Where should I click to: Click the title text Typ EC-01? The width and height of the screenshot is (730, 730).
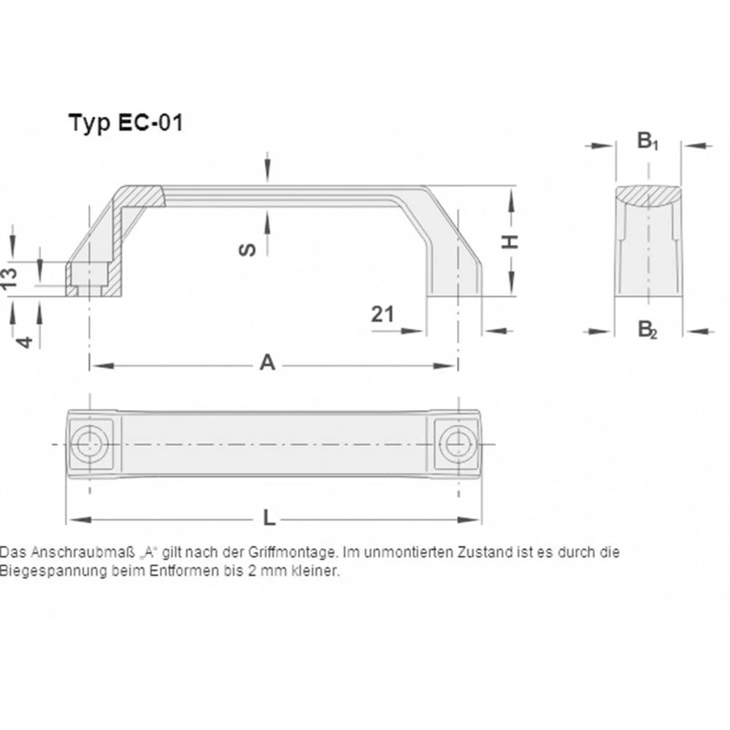pyautogui.click(x=125, y=122)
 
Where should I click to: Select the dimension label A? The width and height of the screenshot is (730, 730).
pyautogui.click(x=268, y=362)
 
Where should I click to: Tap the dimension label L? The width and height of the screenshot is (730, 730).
pyautogui.click(x=269, y=518)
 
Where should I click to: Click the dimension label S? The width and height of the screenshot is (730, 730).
pyautogui.click(x=248, y=250)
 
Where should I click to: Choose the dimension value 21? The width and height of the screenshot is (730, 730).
pyautogui.click(x=382, y=315)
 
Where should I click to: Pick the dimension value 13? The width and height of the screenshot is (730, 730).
pyautogui.click(x=9, y=279)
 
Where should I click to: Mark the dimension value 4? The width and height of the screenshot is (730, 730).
pyautogui.click(x=25, y=340)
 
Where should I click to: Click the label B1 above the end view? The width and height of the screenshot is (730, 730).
pyautogui.click(x=647, y=140)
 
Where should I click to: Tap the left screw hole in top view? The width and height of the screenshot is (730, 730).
pyautogui.click(x=90, y=442)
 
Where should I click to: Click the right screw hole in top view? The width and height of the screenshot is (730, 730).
pyautogui.click(x=458, y=442)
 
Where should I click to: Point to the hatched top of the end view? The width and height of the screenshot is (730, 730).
pyautogui.click(x=648, y=195)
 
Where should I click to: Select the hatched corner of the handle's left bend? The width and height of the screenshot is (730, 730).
pyautogui.click(x=139, y=197)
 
